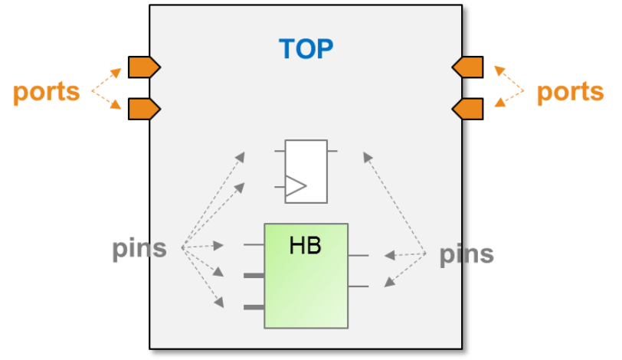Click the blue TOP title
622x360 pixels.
click(x=306, y=49)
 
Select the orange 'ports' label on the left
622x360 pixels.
click(x=47, y=93)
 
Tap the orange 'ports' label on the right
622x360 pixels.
click(x=570, y=93)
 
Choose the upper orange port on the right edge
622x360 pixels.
click(x=467, y=67)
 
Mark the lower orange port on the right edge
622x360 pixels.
click(x=467, y=109)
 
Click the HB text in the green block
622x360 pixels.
click(x=305, y=245)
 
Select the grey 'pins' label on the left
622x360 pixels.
click(x=139, y=250)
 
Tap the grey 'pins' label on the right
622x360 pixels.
click(x=466, y=255)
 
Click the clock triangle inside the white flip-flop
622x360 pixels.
click(x=296, y=186)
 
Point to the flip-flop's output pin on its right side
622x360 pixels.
click(x=332, y=151)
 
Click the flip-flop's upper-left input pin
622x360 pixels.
click(x=280, y=151)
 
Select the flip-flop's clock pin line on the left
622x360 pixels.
click(x=280, y=187)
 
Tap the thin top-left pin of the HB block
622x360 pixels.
click(x=254, y=245)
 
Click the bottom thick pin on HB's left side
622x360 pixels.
click(x=254, y=307)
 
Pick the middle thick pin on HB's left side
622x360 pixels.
click(x=254, y=276)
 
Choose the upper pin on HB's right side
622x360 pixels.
click(x=358, y=256)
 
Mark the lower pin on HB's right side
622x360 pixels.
click(x=358, y=286)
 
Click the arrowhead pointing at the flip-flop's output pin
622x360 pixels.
click(x=368, y=156)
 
